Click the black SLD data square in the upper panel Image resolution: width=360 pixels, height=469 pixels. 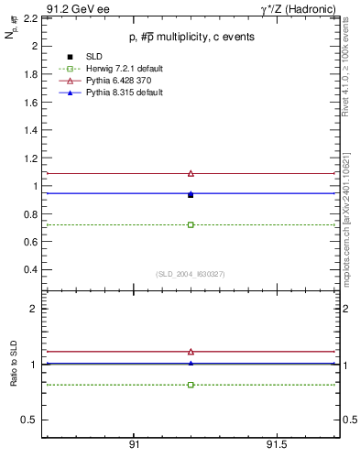191,195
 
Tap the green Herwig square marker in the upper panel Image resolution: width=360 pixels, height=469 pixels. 191,224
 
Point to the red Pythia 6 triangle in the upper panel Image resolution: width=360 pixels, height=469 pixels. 191,173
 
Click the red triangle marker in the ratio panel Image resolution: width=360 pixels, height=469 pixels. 191,351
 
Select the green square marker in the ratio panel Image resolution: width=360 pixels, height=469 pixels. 191,385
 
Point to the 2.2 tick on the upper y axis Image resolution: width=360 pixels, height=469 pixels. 29,17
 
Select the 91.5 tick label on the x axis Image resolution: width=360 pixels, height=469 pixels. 277,444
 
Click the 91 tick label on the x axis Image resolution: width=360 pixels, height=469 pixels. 134,444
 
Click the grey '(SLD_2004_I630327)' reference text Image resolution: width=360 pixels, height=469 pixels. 190,274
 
